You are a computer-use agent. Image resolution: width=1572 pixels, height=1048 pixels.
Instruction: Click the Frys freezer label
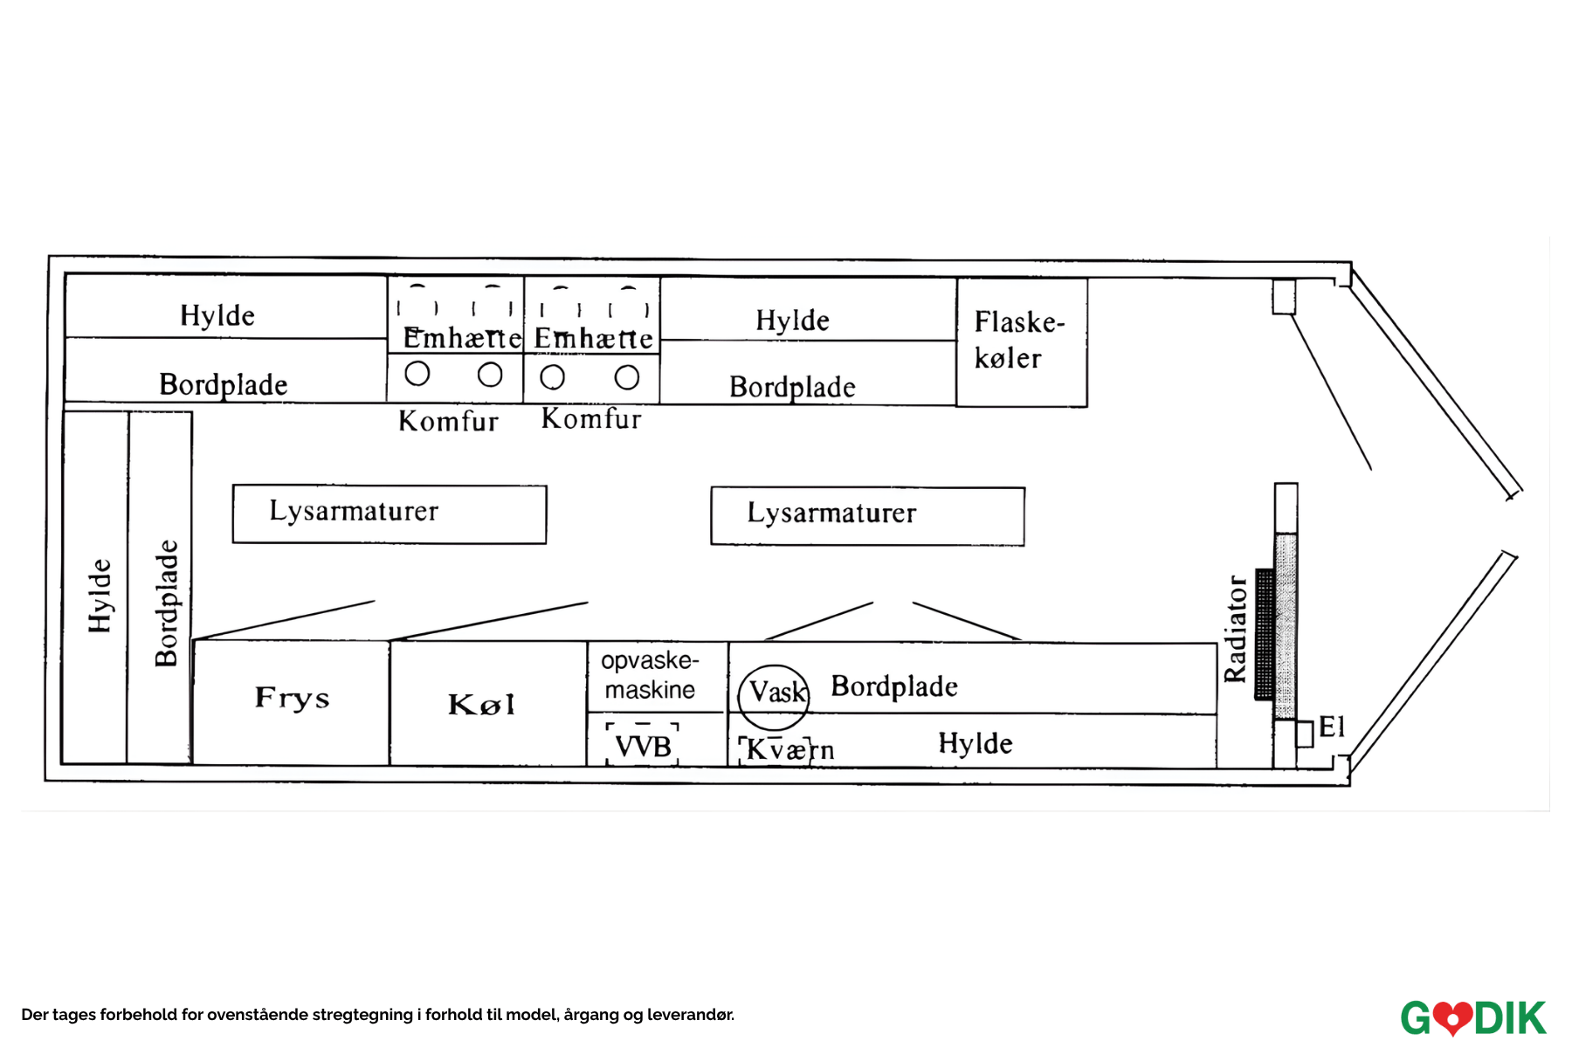pos(292,698)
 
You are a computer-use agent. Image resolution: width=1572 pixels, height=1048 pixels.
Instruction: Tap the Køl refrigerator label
pos(481,704)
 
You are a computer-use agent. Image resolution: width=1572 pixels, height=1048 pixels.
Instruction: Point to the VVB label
pos(643,747)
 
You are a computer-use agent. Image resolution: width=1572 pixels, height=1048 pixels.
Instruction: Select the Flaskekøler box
pos(1021,341)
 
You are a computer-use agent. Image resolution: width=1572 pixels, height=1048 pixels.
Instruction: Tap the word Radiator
pos(1235,628)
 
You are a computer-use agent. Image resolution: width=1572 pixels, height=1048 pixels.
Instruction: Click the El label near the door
pos(1332,727)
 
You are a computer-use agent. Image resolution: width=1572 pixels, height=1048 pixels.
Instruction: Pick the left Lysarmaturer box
pos(390,514)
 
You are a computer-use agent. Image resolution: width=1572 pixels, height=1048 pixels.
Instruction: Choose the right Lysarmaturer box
pos(867,515)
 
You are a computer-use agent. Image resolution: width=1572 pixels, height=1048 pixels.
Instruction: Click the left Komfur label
pos(448,422)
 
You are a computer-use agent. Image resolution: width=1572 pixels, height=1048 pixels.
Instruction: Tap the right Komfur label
pos(591,419)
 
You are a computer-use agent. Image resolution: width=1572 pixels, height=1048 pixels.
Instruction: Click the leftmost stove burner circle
pos(417,374)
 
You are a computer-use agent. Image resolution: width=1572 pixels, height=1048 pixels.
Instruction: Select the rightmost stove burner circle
pos(627,377)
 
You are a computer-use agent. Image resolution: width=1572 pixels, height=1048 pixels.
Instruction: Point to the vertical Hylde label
pos(100,596)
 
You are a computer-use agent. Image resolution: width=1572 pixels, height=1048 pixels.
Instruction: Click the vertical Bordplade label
pos(166,603)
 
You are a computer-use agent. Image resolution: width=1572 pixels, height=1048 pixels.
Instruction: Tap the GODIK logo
pos(1472,1017)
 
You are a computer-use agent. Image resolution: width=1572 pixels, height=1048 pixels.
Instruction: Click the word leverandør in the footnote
pos(690,1015)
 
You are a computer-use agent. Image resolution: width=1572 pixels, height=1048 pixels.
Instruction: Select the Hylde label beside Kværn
pos(976,744)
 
